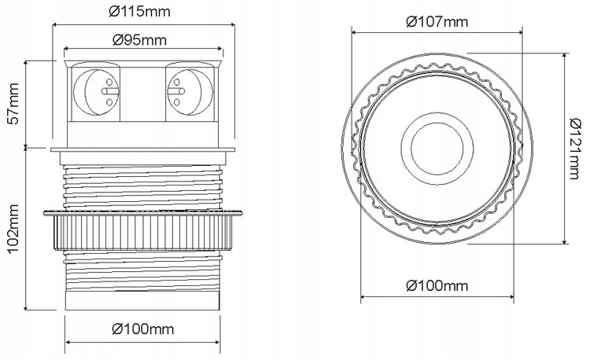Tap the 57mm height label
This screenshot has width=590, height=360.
click(13, 103)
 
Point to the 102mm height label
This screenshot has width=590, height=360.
click(13, 229)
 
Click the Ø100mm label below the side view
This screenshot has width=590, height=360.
click(142, 328)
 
